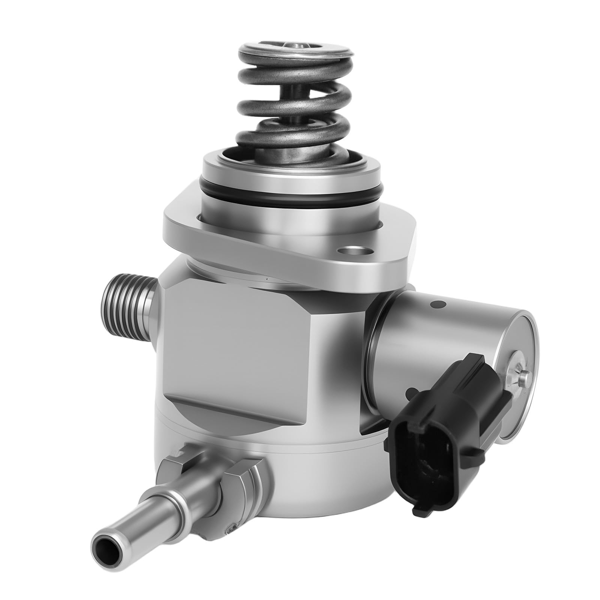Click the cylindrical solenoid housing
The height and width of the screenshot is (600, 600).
click(x=442, y=322)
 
